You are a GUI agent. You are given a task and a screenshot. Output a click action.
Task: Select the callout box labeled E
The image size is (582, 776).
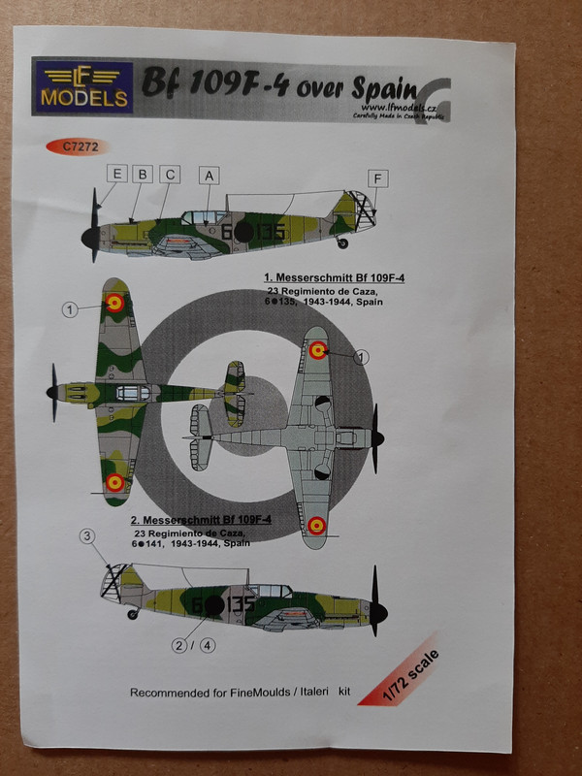pyautogui.click(x=117, y=175)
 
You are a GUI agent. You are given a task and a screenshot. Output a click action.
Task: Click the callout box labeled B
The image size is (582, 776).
pyautogui.click(x=144, y=175)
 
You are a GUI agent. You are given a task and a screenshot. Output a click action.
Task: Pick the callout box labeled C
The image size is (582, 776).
pyautogui.click(x=170, y=175)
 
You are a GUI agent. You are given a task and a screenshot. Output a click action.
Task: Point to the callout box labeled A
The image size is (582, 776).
pyautogui.click(x=208, y=176)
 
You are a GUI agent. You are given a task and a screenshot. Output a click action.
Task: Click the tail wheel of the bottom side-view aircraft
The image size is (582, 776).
pyautogui.click(x=133, y=613)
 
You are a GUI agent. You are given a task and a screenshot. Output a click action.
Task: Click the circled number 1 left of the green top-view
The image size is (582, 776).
pyautogui.click(x=70, y=310)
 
